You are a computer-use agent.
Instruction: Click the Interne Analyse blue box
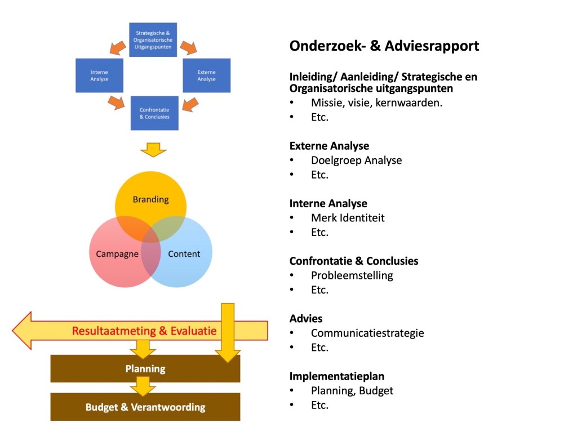point(99,75)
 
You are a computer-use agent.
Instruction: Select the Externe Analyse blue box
point(206,75)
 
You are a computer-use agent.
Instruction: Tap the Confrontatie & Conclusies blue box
point(154,113)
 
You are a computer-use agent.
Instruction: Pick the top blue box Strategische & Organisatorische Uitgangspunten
point(153,39)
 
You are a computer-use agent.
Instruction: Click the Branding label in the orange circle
point(150,199)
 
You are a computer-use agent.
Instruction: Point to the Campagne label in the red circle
point(117,253)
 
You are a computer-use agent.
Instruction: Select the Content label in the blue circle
point(184,253)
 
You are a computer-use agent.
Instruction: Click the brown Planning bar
point(145,369)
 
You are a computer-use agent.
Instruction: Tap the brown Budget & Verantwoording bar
point(145,407)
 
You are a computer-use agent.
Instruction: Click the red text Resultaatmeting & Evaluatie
point(144,331)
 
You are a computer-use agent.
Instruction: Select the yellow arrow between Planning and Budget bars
point(143,386)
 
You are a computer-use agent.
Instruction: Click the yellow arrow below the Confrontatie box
point(153,150)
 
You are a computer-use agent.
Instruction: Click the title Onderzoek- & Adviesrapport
point(384,46)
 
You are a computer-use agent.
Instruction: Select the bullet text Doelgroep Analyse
point(356,160)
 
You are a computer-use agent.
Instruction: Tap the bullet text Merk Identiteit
point(348,217)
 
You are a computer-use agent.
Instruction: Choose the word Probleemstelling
point(352,275)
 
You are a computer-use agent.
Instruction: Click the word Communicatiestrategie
point(367,333)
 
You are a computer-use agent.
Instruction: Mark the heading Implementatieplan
point(337,376)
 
